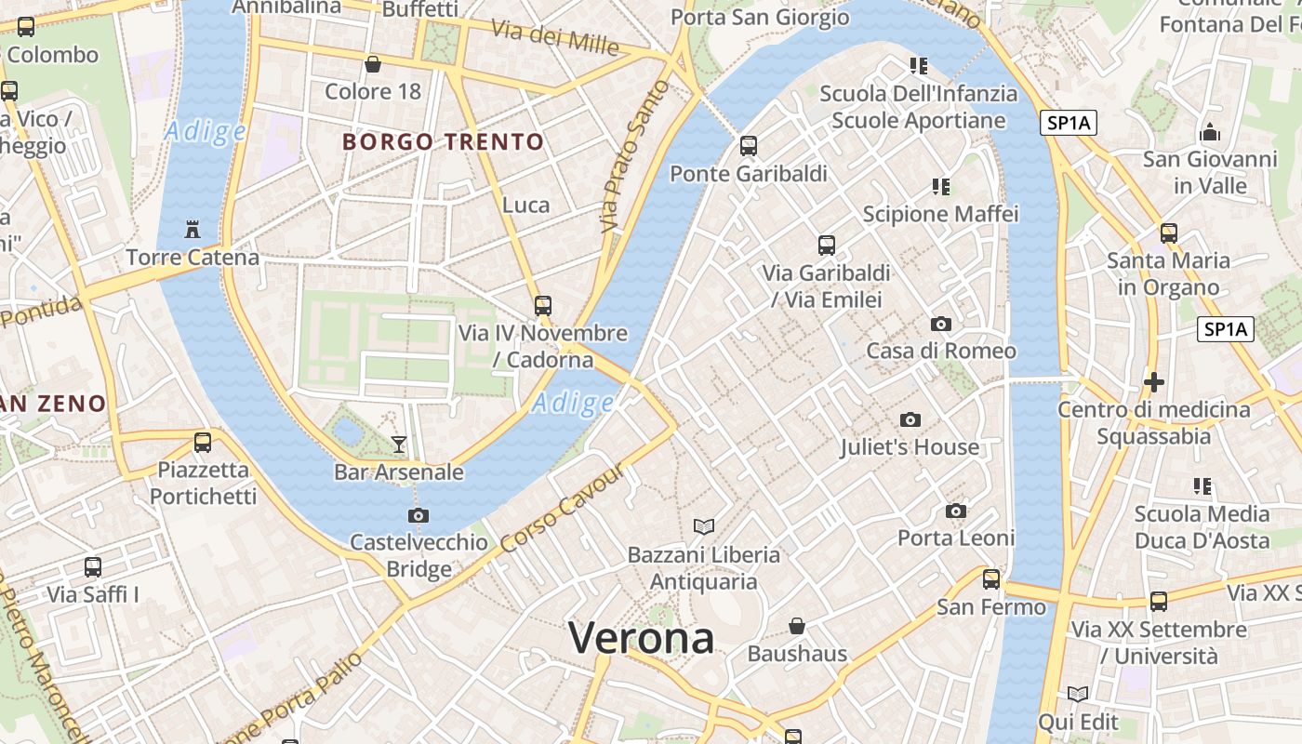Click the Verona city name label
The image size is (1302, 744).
pyautogui.click(x=641, y=638)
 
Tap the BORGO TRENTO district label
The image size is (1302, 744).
pyautogui.click(x=443, y=142)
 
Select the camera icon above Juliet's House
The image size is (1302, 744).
pyautogui.click(x=910, y=420)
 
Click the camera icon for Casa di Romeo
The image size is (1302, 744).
pyautogui.click(x=941, y=325)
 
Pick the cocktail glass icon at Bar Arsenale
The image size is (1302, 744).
pyautogui.click(x=399, y=445)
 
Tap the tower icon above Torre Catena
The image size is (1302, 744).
pyautogui.click(x=193, y=229)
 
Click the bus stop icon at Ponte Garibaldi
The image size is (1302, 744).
pyautogui.click(x=749, y=146)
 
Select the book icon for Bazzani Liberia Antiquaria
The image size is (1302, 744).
pyautogui.click(x=704, y=527)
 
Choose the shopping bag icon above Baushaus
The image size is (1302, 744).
pyautogui.click(x=797, y=626)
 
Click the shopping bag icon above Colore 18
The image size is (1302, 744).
pyautogui.click(x=373, y=64)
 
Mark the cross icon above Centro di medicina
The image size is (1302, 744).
pyautogui.click(x=1154, y=381)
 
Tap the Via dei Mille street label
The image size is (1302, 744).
pyautogui.click(x=554, y=36)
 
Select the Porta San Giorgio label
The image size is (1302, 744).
pyautogui.click(x=760, y=17)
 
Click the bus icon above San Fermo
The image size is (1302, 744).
pyautogui.click(x=991, y=579)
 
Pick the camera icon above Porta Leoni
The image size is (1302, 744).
pyautogui.click(x=955, y=511)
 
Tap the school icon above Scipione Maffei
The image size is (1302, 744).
pyautogui.click(x=941, y=187)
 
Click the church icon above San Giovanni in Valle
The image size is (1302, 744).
pyautogui.click(x=1210, y=131)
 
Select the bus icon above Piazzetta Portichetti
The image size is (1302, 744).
pyautogui.click(x=203, y=443)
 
